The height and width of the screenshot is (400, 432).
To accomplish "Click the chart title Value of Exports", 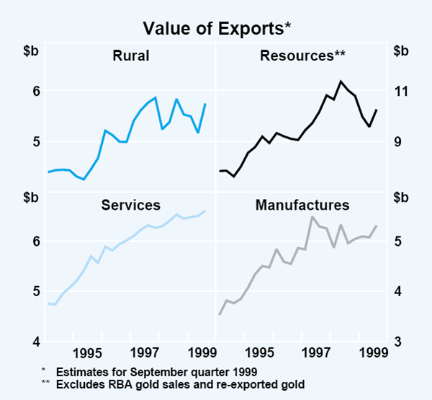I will coord(216,28).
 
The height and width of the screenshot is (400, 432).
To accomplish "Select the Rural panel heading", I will coord(130,55).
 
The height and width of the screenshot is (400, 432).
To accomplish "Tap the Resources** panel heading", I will coord(302,55).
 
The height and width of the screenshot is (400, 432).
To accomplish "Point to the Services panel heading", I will coord(130,205).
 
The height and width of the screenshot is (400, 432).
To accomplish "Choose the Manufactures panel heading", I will coord(302,205).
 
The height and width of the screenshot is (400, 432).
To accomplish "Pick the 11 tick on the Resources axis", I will coord(401,91).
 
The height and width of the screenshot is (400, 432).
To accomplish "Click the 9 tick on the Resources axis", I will coord(401,141).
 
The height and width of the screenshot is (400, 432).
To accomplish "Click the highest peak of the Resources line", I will coord(341,81).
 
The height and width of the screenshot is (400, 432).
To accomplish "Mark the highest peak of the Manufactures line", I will coord(312,216).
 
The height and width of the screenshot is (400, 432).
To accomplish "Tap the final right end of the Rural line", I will coord(206,104).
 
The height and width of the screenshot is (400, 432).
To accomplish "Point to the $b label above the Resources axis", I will coord(401,50).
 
